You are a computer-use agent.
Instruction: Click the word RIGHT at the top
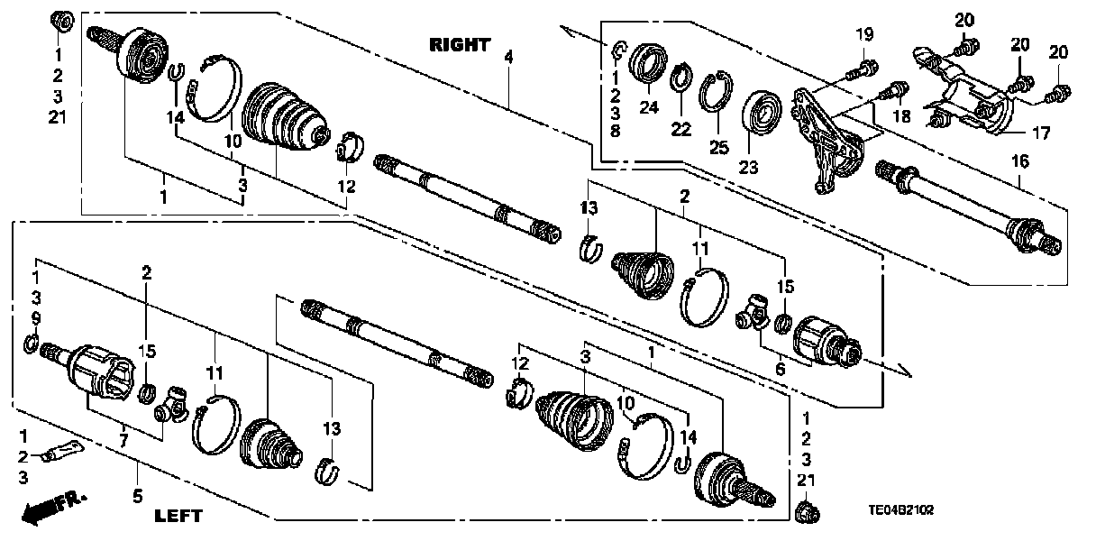(459, 44)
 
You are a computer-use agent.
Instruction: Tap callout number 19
(864, 36)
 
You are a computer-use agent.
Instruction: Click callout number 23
(749, 167)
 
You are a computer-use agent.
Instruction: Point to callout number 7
(123, 439)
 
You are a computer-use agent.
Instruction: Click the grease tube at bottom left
(60, 448)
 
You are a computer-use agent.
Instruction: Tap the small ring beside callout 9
(31, 343)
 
